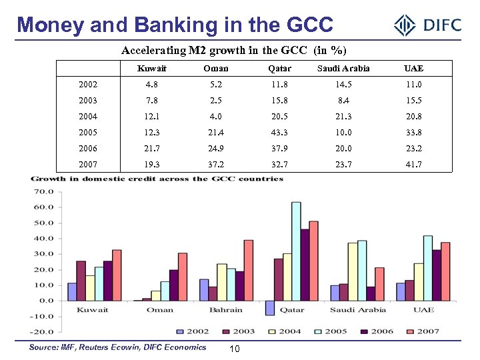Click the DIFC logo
pyautogui.click(x=427, y=26)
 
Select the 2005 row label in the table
pyautogui.click(x=87, y=133)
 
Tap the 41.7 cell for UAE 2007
pyautogui.click(x=413, y=165)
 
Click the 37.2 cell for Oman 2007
pyautogui.click(x=215, y=165)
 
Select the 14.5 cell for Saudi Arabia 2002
pyautogui.click(x=353, y=85)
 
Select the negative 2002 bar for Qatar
pyautogui.click(x=269, y=307)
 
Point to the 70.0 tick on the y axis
pyautogui.click(x=45, y=191)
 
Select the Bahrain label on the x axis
pyautogui.click(x=227, y=310)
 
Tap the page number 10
pyautogui.click(x=235, y=351)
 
